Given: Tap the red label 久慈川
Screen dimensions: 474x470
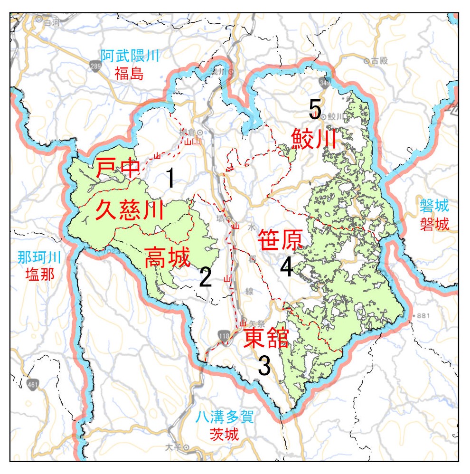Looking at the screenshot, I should tap(129, 209).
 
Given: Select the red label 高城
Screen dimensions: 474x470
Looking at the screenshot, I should tap(167, 257).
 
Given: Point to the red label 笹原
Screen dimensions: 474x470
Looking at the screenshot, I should tap(280, 240).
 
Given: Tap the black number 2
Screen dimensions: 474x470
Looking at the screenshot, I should tap(205, 277).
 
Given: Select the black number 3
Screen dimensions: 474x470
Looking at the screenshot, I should tap(264, 366).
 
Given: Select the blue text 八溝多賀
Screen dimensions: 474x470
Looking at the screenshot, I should tap(225, 418).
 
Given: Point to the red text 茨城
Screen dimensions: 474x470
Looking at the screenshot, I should tap(224, 434).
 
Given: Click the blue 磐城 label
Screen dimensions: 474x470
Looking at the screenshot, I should tap(434, 207).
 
